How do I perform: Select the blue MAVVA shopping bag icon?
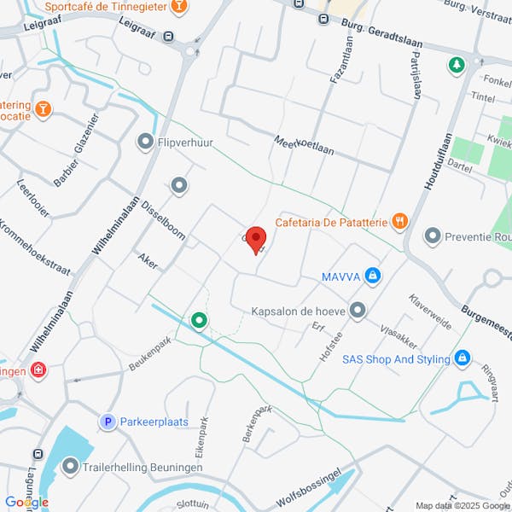[x=372, y=276]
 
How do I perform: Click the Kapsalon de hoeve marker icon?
[x=358, y=311]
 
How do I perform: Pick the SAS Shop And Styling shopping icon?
[x=463, y=358]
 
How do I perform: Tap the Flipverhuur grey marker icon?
[x=145, y=141]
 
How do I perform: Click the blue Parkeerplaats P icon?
[x=108, y=422]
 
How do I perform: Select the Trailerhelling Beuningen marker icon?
[x=70, y=467]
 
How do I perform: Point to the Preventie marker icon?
[x=433, y=235]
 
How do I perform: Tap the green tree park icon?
[x=457, y=64]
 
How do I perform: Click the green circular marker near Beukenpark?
[x=199, y=321]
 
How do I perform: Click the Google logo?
[x=27, y=502]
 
